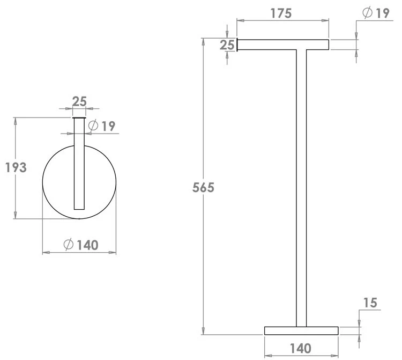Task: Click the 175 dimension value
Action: click(x=281, y=13)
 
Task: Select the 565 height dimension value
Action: click(x=203, y=188)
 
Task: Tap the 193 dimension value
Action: click(x=16, y=167)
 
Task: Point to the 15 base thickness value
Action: click(x=370, y=303)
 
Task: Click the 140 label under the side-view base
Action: click(x=301, y=348)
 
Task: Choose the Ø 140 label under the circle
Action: click(x=81, y=245)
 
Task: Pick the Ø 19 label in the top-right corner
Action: click(x=376, y=13)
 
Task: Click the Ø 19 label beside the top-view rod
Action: click(x=102, y=126)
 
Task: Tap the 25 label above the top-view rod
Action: click(x=79, y=101)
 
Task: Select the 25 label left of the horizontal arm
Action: click(x=227, y=45)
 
